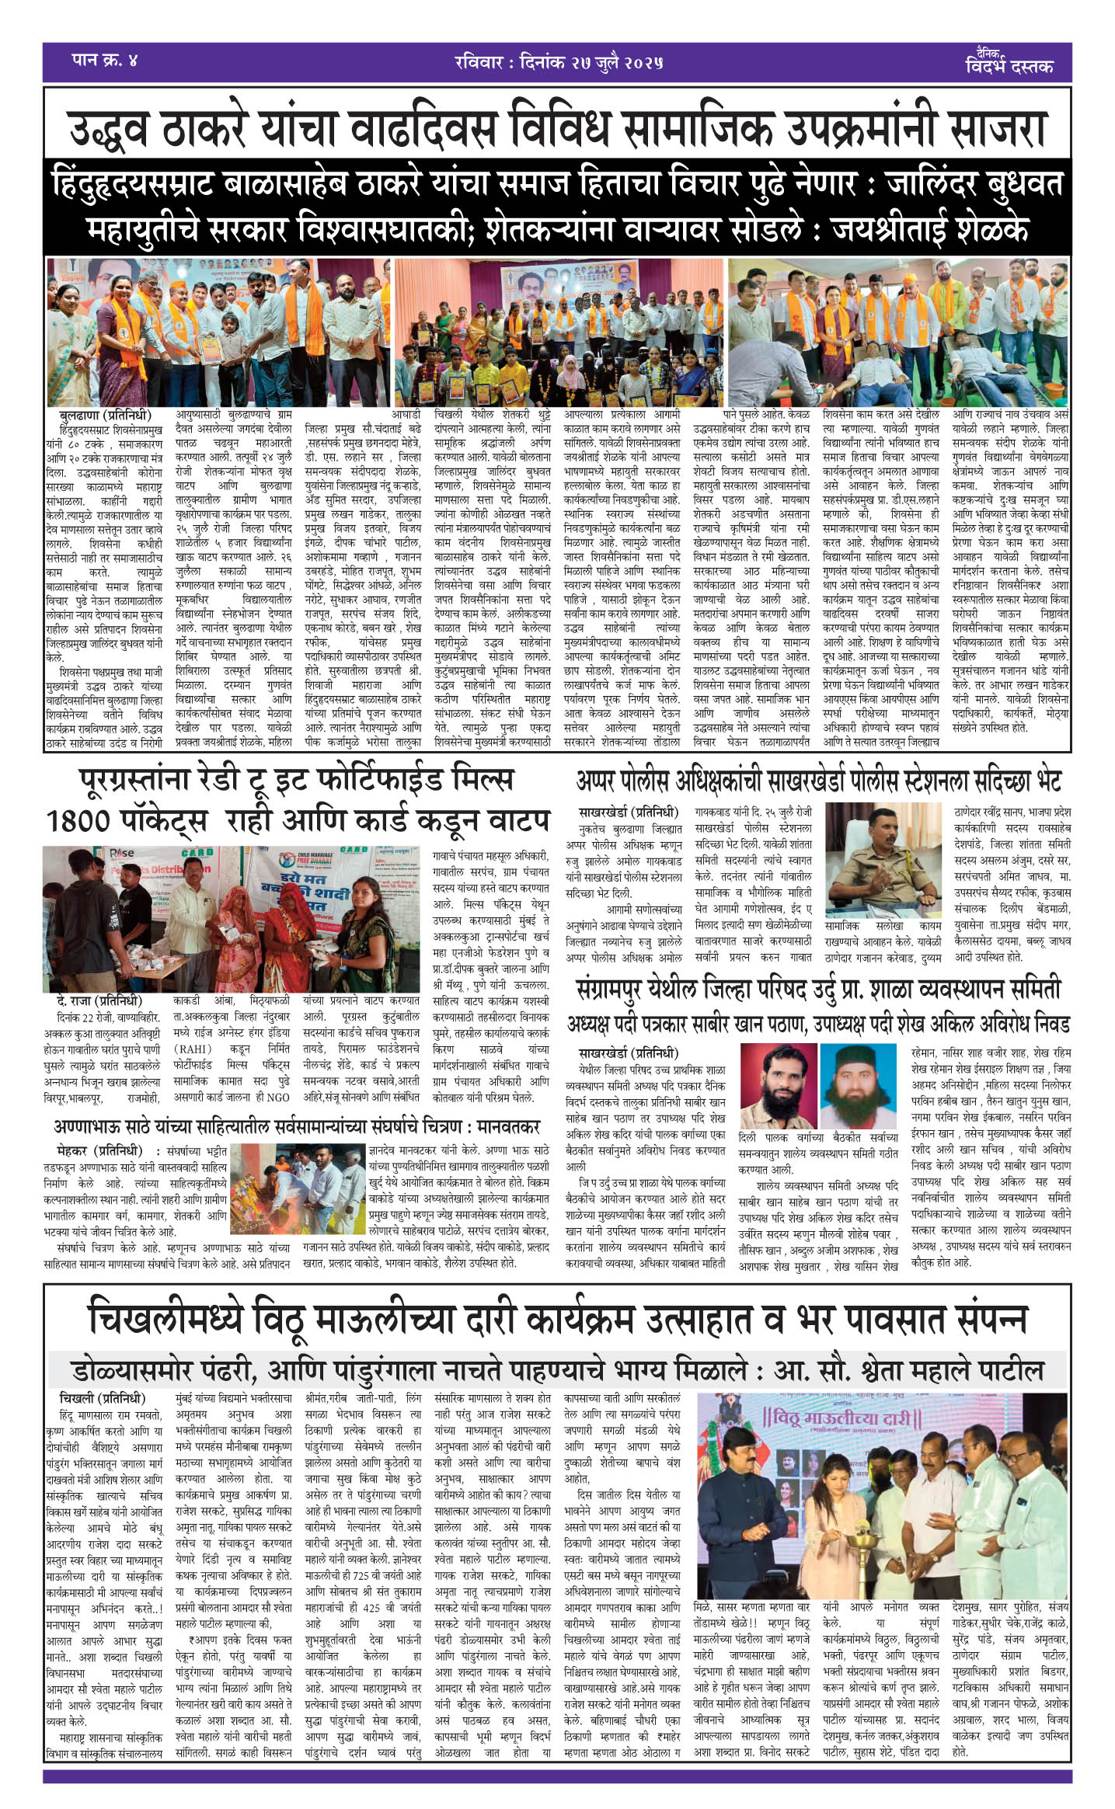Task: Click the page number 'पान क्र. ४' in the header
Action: [x=104, y=61]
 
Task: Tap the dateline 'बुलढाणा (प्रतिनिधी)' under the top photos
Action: [x=105, y=415]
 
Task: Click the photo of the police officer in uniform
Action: [x=883, y=862]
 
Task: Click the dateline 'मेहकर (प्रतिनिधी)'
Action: [x=99, y=1150]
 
